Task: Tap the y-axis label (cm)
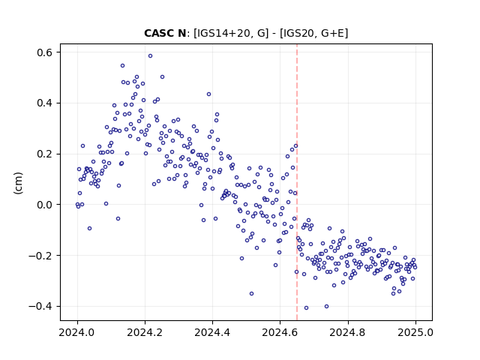tap(18, 183)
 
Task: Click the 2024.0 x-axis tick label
tap(77, 332)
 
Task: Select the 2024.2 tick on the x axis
tap(145, 332)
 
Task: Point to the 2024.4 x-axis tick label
tap(212, 332)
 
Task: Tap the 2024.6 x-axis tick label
tap(280, 332)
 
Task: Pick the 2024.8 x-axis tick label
tap(347, 332)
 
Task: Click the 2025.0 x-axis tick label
tap(415, 332)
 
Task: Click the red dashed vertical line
tap(297, 182)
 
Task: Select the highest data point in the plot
tap(150, 56)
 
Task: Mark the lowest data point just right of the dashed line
tap(306, 308)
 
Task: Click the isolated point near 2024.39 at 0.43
tap(208, 94)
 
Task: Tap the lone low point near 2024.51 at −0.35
tap(252, 293)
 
